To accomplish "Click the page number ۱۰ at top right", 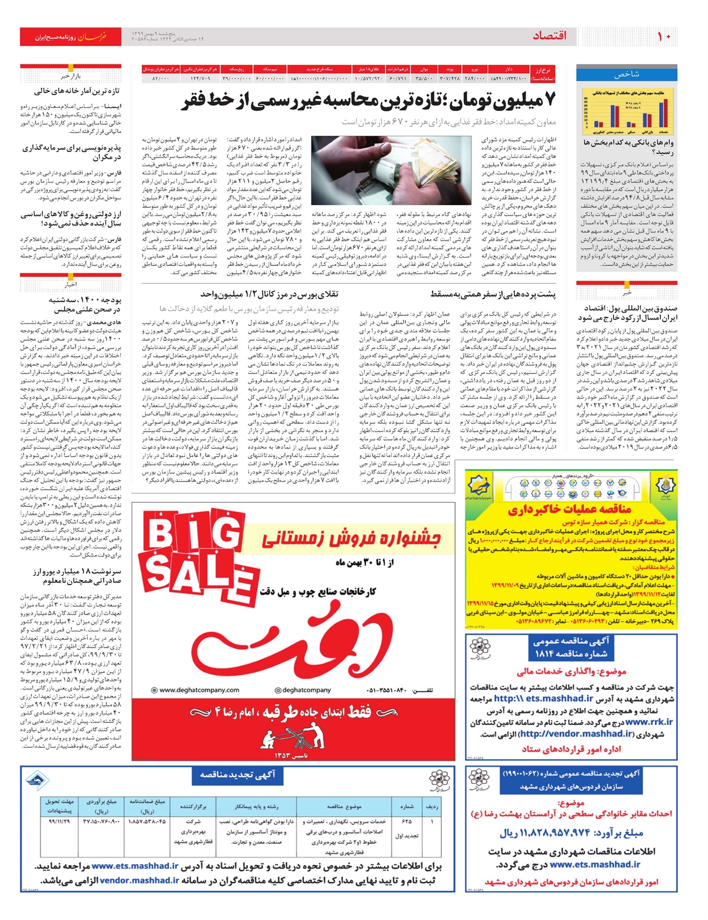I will [x=663, y=37].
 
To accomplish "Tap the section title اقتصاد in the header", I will [x=549, y=37].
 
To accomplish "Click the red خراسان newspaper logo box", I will [x=70, y=37].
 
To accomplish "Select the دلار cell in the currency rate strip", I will [x=508, y=70].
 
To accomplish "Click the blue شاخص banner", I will [x=626, y=74].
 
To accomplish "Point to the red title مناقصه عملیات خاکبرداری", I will [x=569, y=509].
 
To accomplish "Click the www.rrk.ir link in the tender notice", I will [x=649, y=722].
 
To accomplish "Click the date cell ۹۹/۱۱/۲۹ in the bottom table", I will [x=59, y=820].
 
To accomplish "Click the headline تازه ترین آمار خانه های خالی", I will [x=77, y=91].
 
